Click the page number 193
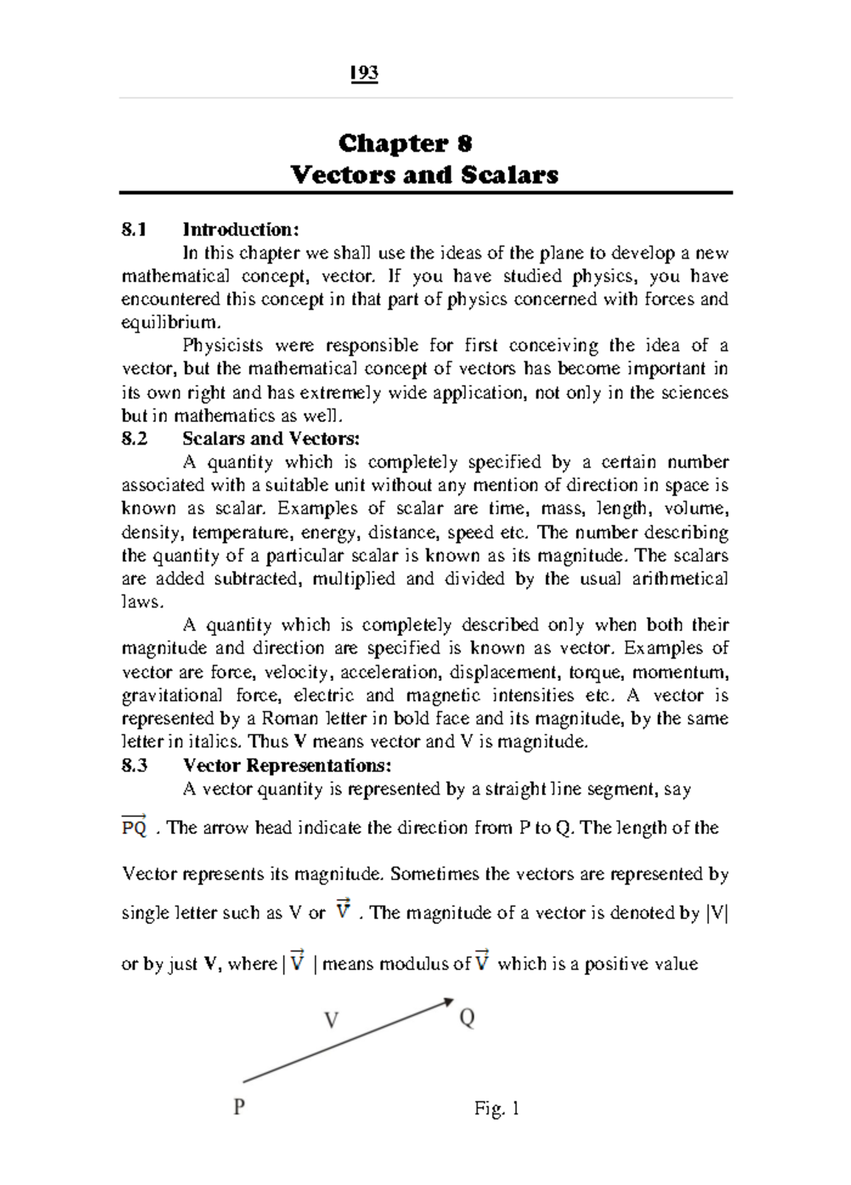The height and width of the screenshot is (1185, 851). pyautogui.click(x=364, y=73)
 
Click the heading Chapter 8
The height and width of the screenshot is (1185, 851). pyautogui.click(x=405, y=143)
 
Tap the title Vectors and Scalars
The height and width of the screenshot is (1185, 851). pyautogui.click(x=424, y=174)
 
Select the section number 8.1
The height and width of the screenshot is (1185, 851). pyautogui.click(x=134, y=229)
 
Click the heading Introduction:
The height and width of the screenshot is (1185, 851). pyautogui.click(x=241, y=229)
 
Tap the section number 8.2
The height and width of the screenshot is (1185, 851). pyautogui.click(x=134, y=438)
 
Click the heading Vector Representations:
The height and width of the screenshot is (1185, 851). pyautogui.click(x=287, y=765)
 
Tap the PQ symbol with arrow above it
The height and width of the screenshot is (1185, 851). pyautogui.click(x=134, y=826)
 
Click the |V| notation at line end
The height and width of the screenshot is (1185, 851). pyautogui.click(x=718, y=913)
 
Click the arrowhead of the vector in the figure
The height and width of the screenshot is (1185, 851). pyautogui.click(x=447, y=1002)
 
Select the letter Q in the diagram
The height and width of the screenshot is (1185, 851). pyautogui.click(x=467, y=1018)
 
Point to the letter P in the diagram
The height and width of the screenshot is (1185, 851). pyautogui.click(x=239, y=1106)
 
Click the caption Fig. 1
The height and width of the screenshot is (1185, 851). pyautogui.click(x=496, y=1108)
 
